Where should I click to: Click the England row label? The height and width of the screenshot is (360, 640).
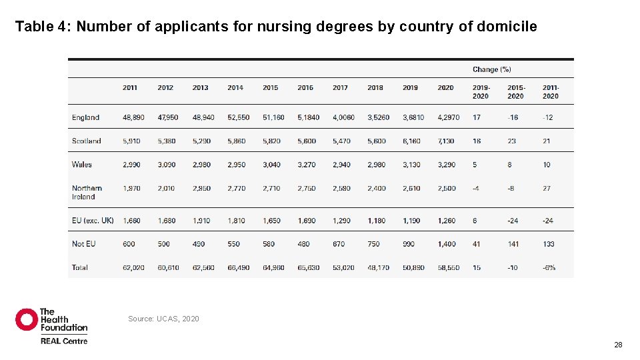tap(85, 117)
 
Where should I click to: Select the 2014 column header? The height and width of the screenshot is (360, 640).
tap(235, 88)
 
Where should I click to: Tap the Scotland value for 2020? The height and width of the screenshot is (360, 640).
tap(446, 141)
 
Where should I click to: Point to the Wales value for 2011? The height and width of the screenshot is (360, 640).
tap(131, 165)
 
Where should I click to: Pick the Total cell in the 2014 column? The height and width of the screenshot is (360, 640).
tap(238, 268)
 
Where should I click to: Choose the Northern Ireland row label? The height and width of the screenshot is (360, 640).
tap(87, 193)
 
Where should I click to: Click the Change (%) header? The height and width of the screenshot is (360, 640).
tap(491, 69)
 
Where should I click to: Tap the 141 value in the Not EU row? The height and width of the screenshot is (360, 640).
tap(513, 244)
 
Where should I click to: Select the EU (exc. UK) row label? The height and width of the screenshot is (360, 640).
tap(93, 221)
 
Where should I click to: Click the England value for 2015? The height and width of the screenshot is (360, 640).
tap(273, 117)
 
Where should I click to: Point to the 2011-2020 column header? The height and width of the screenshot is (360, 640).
tap(551, 92)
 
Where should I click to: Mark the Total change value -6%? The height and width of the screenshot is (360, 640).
tap(549, 268)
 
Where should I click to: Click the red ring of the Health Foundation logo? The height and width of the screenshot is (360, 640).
tap(27, 319)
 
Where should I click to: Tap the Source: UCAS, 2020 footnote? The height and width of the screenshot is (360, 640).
tap(163, 319)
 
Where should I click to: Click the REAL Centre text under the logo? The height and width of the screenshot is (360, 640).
tap(63, 341)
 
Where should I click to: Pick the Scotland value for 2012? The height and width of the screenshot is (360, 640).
tap(166, 141)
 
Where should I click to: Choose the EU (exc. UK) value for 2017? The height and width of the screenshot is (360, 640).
tap(341, 221)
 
